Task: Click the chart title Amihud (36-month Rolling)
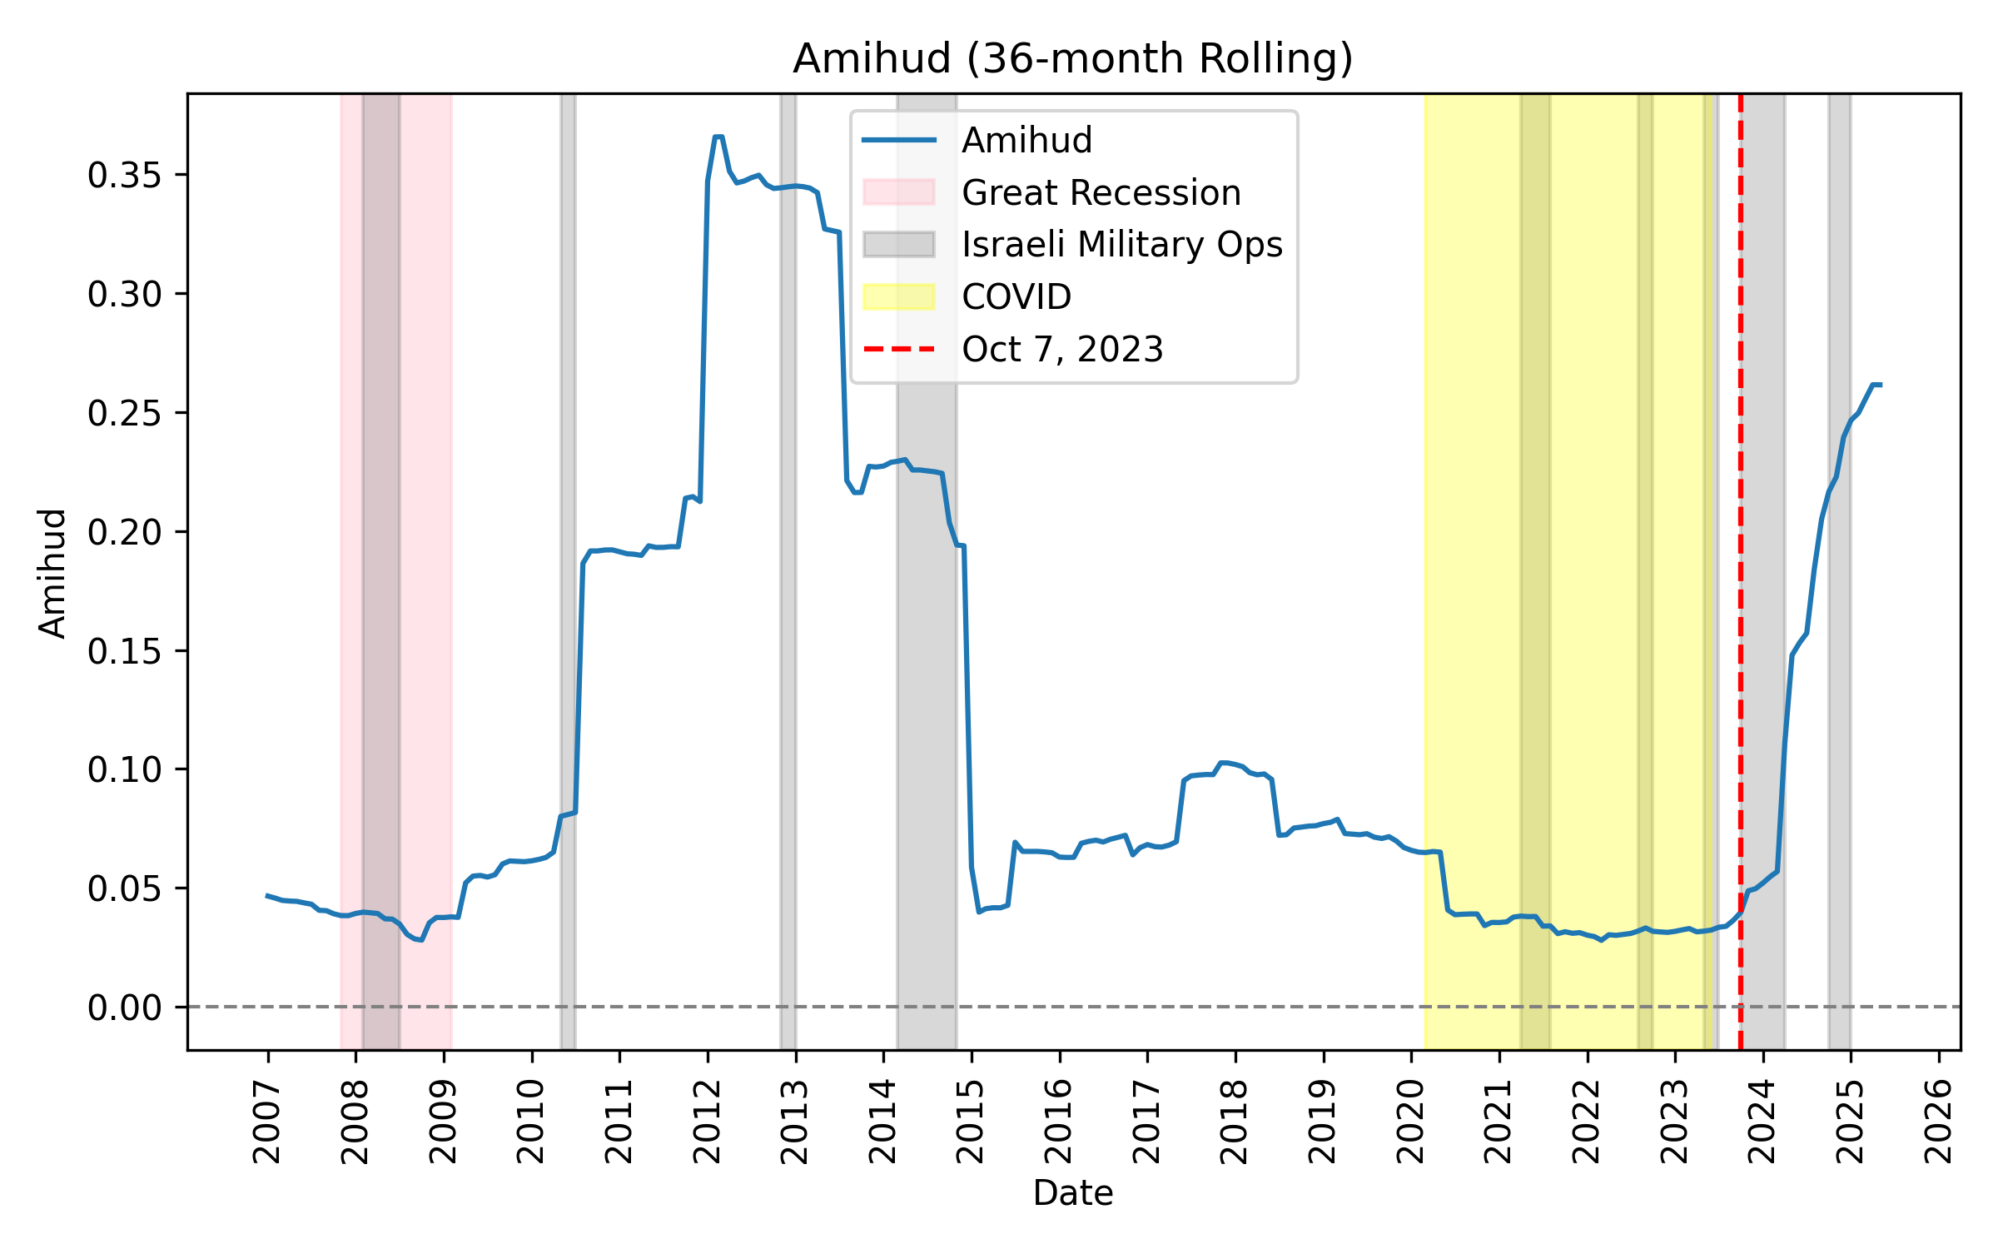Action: (1072, 59)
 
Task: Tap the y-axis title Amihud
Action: (52, 573)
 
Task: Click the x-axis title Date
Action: (1072, 1193)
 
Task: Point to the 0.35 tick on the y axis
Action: (124, 175)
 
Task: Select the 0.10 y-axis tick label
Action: (124, 769)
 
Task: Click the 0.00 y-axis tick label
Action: (124, 1008)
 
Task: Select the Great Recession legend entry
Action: (1101, 192)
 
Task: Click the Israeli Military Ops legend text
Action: (1121, 244)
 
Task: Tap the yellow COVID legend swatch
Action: (898, 296)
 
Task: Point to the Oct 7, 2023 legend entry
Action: (1061, 349)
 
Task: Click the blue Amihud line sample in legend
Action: (898, 140)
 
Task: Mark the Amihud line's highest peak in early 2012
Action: (718, 137)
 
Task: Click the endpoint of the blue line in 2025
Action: (1880, 385)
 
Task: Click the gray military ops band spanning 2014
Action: (926, 666)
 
